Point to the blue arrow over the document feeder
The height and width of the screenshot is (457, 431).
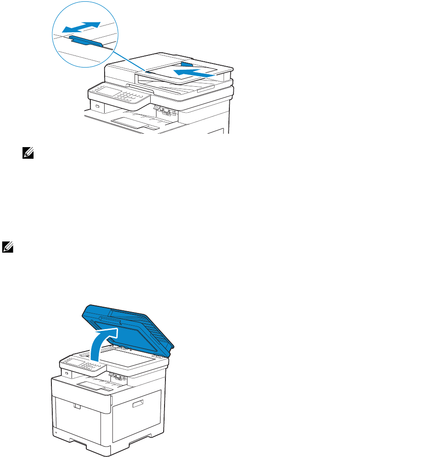tap(197, 71)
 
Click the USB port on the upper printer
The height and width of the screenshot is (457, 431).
tap(97, 106)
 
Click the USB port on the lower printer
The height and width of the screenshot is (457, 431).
tap(66, 374)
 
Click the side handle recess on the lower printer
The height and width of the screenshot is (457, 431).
tap(138, 404)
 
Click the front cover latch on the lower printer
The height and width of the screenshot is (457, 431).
tap(76, 406)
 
